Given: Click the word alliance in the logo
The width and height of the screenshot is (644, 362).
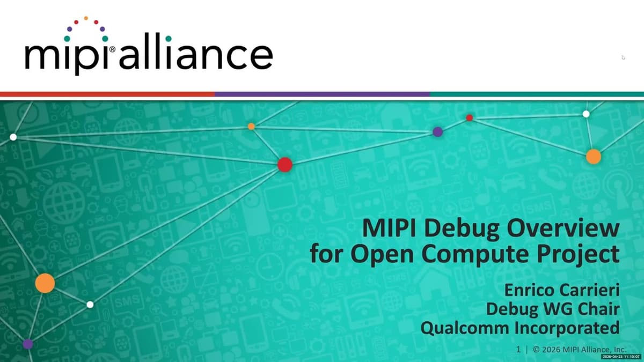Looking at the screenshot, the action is click(196, 51).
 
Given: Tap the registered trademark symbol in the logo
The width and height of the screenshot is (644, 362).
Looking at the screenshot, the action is click(112, 49).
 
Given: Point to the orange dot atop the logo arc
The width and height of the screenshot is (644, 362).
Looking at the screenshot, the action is click(86, 18).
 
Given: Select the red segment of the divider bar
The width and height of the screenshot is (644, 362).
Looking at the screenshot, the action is click(107, 94).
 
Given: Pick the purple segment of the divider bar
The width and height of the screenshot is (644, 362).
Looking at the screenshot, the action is click(322, 94).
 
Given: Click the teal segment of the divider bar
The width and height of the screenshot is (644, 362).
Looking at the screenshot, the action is click(537, 94).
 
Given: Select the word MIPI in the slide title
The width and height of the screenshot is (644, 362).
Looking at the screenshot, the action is click(389, 228).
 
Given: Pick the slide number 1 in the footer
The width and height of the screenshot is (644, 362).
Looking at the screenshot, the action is click(518, 350).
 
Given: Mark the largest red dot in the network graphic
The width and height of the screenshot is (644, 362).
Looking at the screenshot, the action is click(285, 165).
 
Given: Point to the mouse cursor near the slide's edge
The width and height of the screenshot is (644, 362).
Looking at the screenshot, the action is click(623, 57).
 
